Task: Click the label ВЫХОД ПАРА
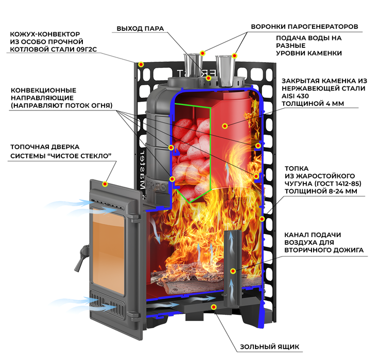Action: [141, 28]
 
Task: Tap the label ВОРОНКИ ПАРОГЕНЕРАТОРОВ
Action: [304, 26]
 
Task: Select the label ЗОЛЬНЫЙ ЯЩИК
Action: [269, 347]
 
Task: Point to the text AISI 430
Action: [295, 96]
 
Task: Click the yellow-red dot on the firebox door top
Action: [105, 184]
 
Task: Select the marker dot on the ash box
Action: [214, 307]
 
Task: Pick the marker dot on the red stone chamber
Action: [225, 126]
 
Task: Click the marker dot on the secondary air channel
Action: [233, 271]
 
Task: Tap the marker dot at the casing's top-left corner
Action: [141, 64]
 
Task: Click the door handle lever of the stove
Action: [81, 258]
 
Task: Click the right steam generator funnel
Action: [226, 71]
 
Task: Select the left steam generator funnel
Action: [193, 66]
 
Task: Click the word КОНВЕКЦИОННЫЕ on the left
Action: [44, 91]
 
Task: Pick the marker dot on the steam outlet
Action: [209, 78]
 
